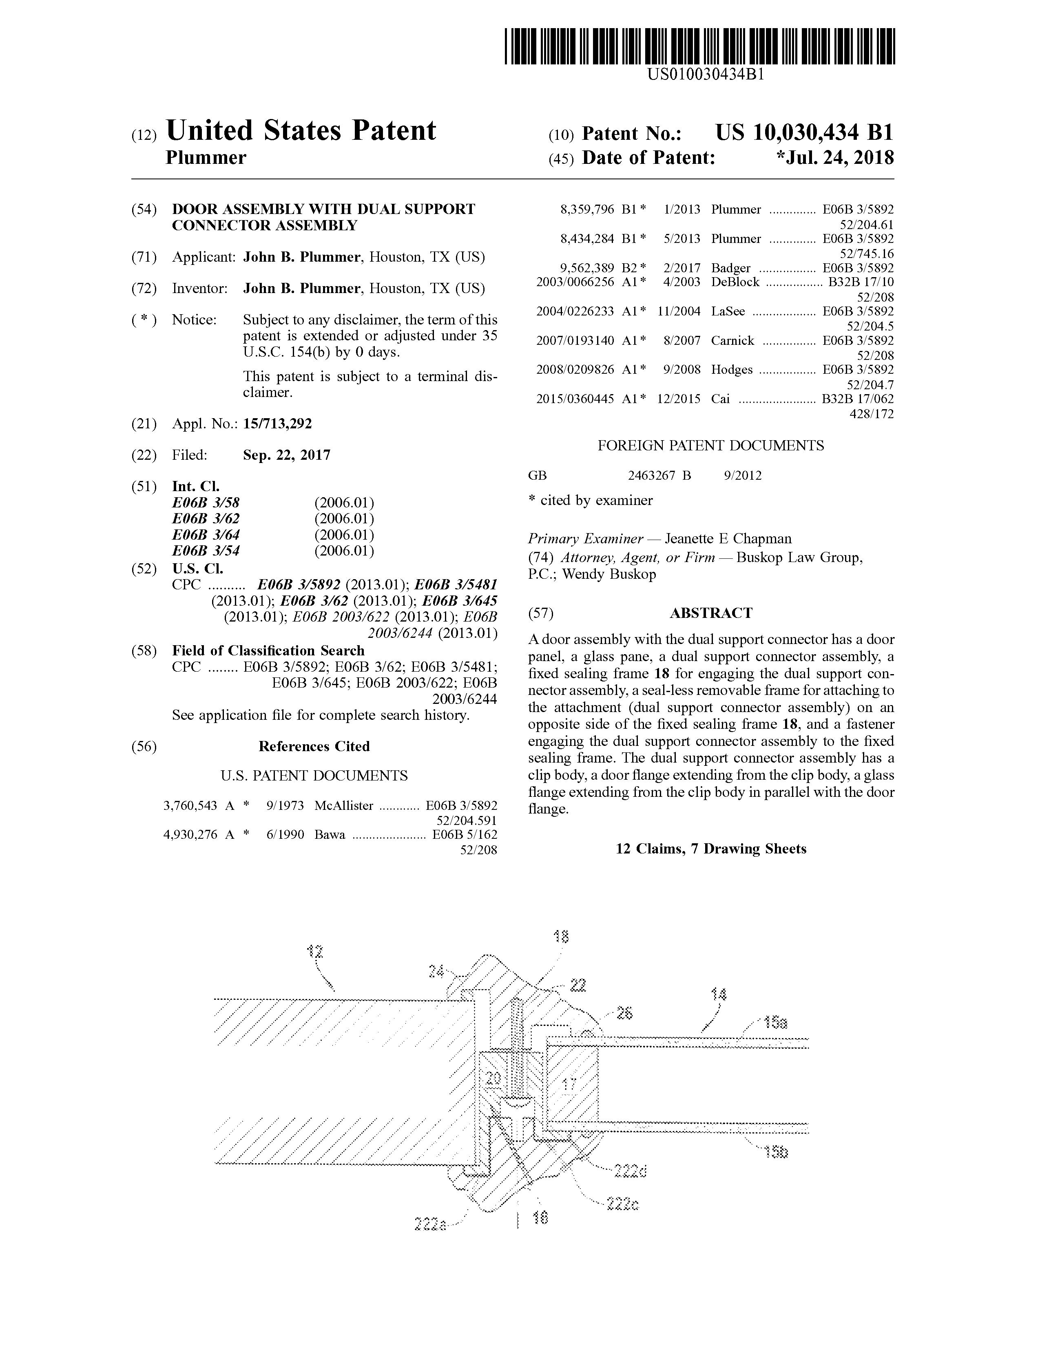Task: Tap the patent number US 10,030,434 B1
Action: click(803, 133)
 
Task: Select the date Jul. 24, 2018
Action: click(838, 158)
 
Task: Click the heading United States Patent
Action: click(301, 130)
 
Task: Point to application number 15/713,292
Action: click(277, 424)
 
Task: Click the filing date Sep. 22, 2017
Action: click(286, 455)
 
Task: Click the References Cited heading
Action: click(314, 746)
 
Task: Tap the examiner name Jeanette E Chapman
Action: click(728, 539)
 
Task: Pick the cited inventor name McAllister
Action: click(343, 805)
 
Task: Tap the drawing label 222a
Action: click(430, 1224)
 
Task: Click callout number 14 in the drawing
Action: click(718, 994)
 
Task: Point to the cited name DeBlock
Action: click(735, 282)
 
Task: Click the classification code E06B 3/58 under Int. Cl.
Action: click(206, 503)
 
